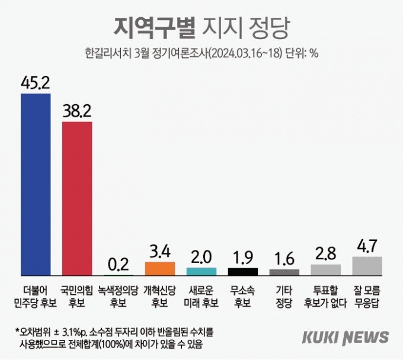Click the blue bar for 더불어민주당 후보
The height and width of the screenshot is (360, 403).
tap(36, 185)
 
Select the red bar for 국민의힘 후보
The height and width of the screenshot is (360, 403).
tap(77, 199)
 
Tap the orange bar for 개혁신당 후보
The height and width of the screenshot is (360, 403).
tap(160, 269)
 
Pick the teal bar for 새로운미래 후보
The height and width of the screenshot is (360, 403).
tap(201, 272)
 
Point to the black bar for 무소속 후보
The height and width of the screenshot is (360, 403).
tap(243, 272)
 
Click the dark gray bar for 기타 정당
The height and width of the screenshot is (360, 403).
tap(284, 272)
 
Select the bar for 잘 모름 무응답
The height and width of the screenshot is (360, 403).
tap(367, 266)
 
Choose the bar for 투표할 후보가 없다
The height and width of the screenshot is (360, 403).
tap(326, 270)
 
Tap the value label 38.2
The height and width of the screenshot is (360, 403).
tap(77, 111)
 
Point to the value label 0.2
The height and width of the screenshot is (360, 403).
tap(119, 265)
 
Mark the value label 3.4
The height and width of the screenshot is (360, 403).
tap(160, 252)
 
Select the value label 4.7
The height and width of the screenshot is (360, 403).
tap(367, 246)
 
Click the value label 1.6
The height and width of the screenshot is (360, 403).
tap(284, 259)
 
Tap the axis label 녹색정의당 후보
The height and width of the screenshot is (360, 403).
tap(118, 297)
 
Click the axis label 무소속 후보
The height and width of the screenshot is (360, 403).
tap(242, 297)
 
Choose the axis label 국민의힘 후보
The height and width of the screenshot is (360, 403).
tap(76, 297)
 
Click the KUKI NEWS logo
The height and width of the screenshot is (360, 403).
tap(346, 337)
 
